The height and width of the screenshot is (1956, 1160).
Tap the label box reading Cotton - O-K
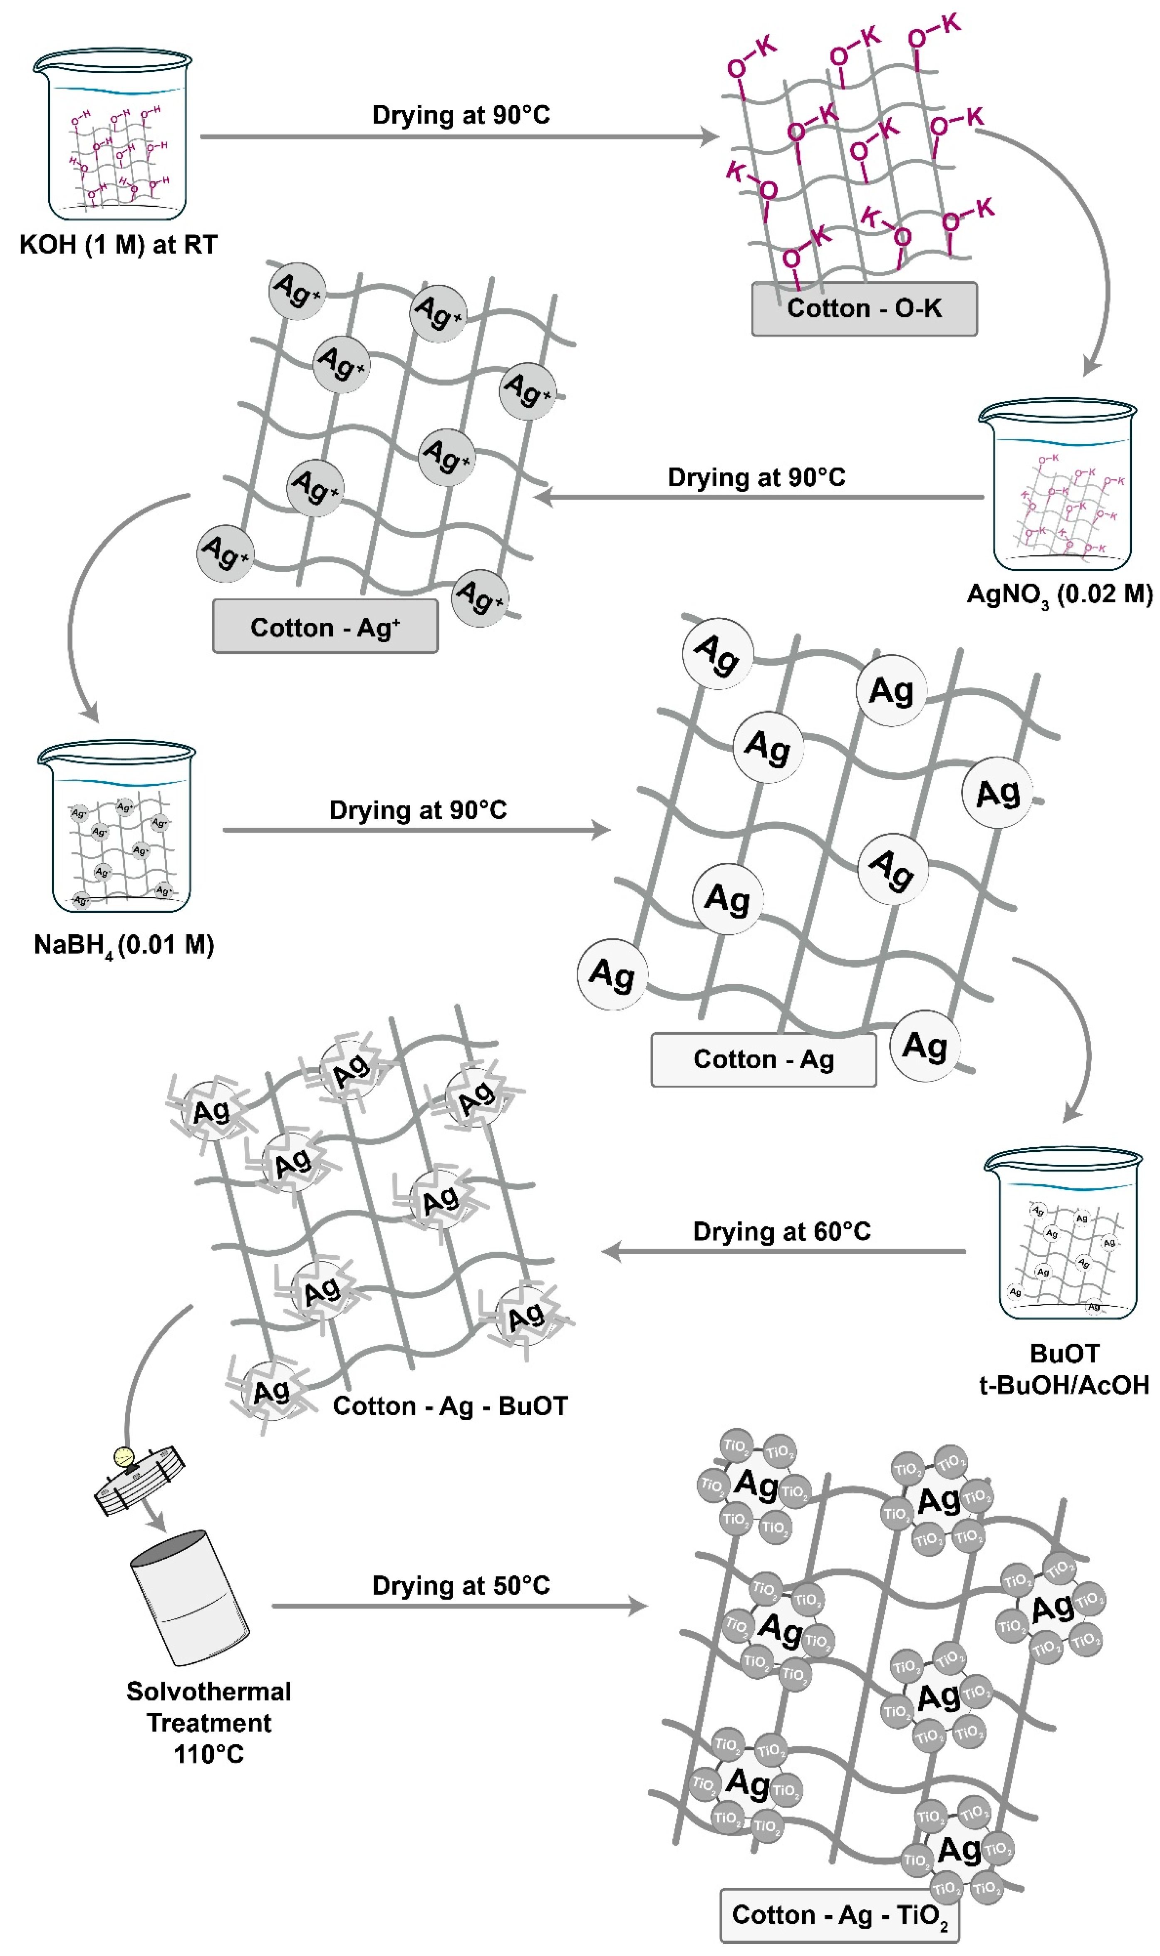click(x=864, y=309)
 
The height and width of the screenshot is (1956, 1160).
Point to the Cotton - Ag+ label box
click(x=325, y=627)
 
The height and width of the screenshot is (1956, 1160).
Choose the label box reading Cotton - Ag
click(x=763, y=1060)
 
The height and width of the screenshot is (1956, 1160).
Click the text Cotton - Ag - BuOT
click(x=450, y=1406)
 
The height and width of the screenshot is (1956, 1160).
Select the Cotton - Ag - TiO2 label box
click(x=840, y=1915)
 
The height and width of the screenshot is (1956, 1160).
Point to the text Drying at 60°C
click(x=782, y=1232)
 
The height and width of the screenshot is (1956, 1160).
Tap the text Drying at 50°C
click(x=461, y=1586)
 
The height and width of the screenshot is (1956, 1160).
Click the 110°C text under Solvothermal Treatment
click(x=209, y=1754)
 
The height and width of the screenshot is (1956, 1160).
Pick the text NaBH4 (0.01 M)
click(x=124, y=946)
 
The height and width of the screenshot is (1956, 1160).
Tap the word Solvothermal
click(x=209, y=1691)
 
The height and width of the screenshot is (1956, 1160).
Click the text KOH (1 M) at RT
click(x=118, y=245)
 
